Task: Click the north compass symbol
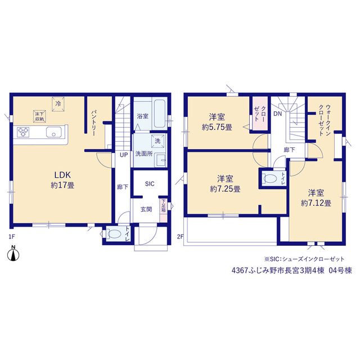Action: tap(13, 254)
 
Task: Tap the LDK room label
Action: tap(62, 175)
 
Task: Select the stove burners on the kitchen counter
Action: tap(23, 132)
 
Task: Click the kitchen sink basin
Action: tap(53, 133)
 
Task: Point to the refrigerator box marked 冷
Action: tap(58, 104)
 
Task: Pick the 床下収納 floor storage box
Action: tap(39, 116)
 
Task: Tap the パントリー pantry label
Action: tap(94, 123)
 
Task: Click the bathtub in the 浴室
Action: tap(159, 113)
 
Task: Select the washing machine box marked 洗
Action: tap(157, 141)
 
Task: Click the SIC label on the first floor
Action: tap(150, 184)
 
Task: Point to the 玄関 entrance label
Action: tap(146, 209)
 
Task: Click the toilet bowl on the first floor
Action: tap(114, 234)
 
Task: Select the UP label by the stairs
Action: tap(124, 155)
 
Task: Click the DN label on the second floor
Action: tap(277, 114)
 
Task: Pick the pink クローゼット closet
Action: tap(260, 114)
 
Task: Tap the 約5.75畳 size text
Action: tap(217, 127)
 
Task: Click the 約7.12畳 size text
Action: tap(316, 203)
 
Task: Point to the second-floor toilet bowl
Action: tap(270, 178)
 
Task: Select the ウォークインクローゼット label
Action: tap(325, 120)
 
